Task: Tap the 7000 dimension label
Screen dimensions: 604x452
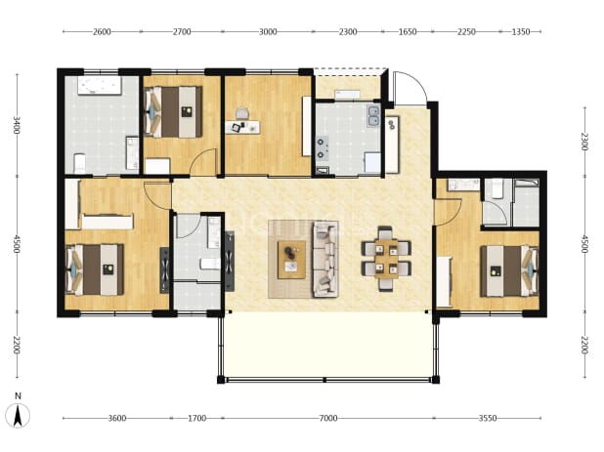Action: coord(327,418)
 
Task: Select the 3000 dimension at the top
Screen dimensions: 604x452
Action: coord(268,31)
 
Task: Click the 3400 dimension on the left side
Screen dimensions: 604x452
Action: coord(17,125)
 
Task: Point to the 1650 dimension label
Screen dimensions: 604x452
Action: coord(408,31)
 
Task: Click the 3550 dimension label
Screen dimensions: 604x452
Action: coord(488,418)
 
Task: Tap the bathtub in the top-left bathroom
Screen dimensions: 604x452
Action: coord(100,86)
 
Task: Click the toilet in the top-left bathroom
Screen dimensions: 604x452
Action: coord(80,163)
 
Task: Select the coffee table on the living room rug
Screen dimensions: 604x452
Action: coord(291,260)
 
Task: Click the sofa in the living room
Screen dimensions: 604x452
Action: coord(325,259)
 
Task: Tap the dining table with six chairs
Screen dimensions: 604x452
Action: coord(386,259)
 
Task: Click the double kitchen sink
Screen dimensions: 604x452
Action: coord(373,116)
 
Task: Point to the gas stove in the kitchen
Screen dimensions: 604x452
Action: coord(322,148)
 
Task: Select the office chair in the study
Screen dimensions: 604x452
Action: coord(241,113)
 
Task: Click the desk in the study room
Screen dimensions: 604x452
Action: coord(242,127)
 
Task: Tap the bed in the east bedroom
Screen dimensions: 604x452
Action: coord(509,270)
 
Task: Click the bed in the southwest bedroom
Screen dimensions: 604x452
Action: coord(95,268)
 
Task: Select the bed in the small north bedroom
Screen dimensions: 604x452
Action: coord(173,111)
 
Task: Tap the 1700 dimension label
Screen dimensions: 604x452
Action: coord(196,418)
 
